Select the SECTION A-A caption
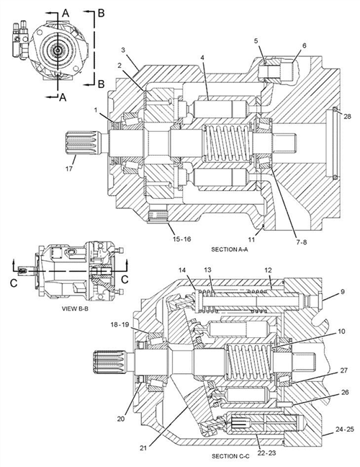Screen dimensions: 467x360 tap(229, 249)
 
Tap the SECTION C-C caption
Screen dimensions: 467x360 tap(229, 456)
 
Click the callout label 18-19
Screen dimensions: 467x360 tap(119, 326)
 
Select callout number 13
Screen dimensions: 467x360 tap(208, 269)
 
